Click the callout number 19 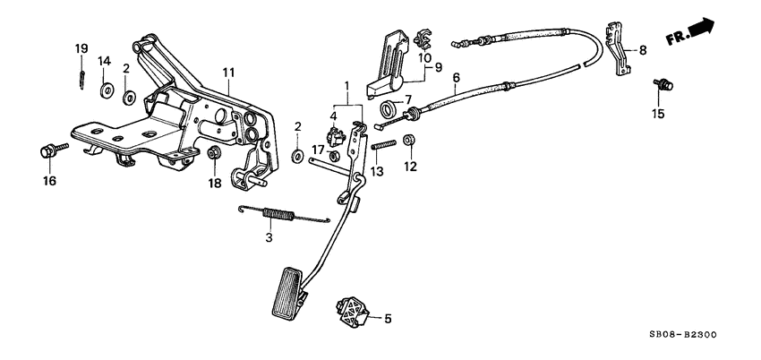81,47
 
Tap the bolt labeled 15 663,85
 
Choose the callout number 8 641,51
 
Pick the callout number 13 376,169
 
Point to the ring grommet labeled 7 387,111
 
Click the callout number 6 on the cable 456,78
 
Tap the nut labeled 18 214,154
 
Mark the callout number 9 439,67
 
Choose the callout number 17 317,150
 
